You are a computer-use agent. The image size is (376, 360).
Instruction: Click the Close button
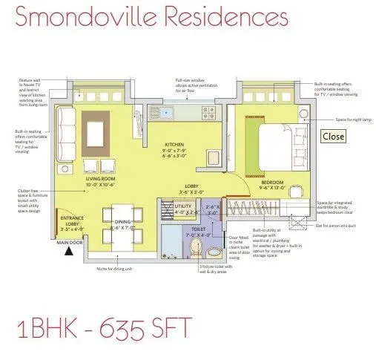tap(333, 137)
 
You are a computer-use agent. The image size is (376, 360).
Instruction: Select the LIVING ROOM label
tap(100, 179)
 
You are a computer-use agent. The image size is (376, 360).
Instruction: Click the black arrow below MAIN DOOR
tap(70, 251)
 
